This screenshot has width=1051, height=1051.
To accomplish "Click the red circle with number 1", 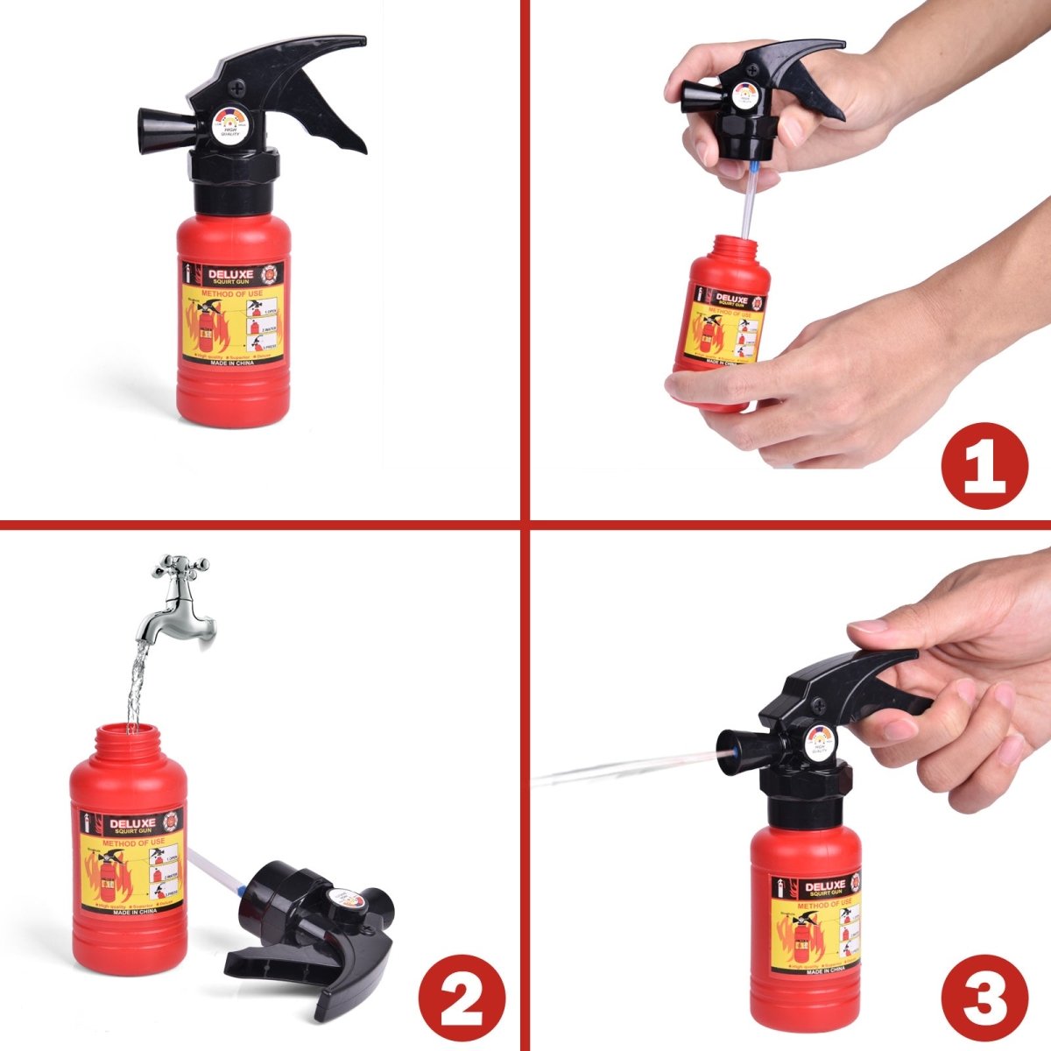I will [x=984, y=465].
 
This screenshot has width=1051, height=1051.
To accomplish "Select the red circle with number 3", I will [x=984, y=998].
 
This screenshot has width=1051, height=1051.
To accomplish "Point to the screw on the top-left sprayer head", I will [x=238, y=87].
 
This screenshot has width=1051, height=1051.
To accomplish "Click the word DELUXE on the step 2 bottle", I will [x=131, y=823].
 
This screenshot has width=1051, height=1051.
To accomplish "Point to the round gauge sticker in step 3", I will [x=820, y=740].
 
